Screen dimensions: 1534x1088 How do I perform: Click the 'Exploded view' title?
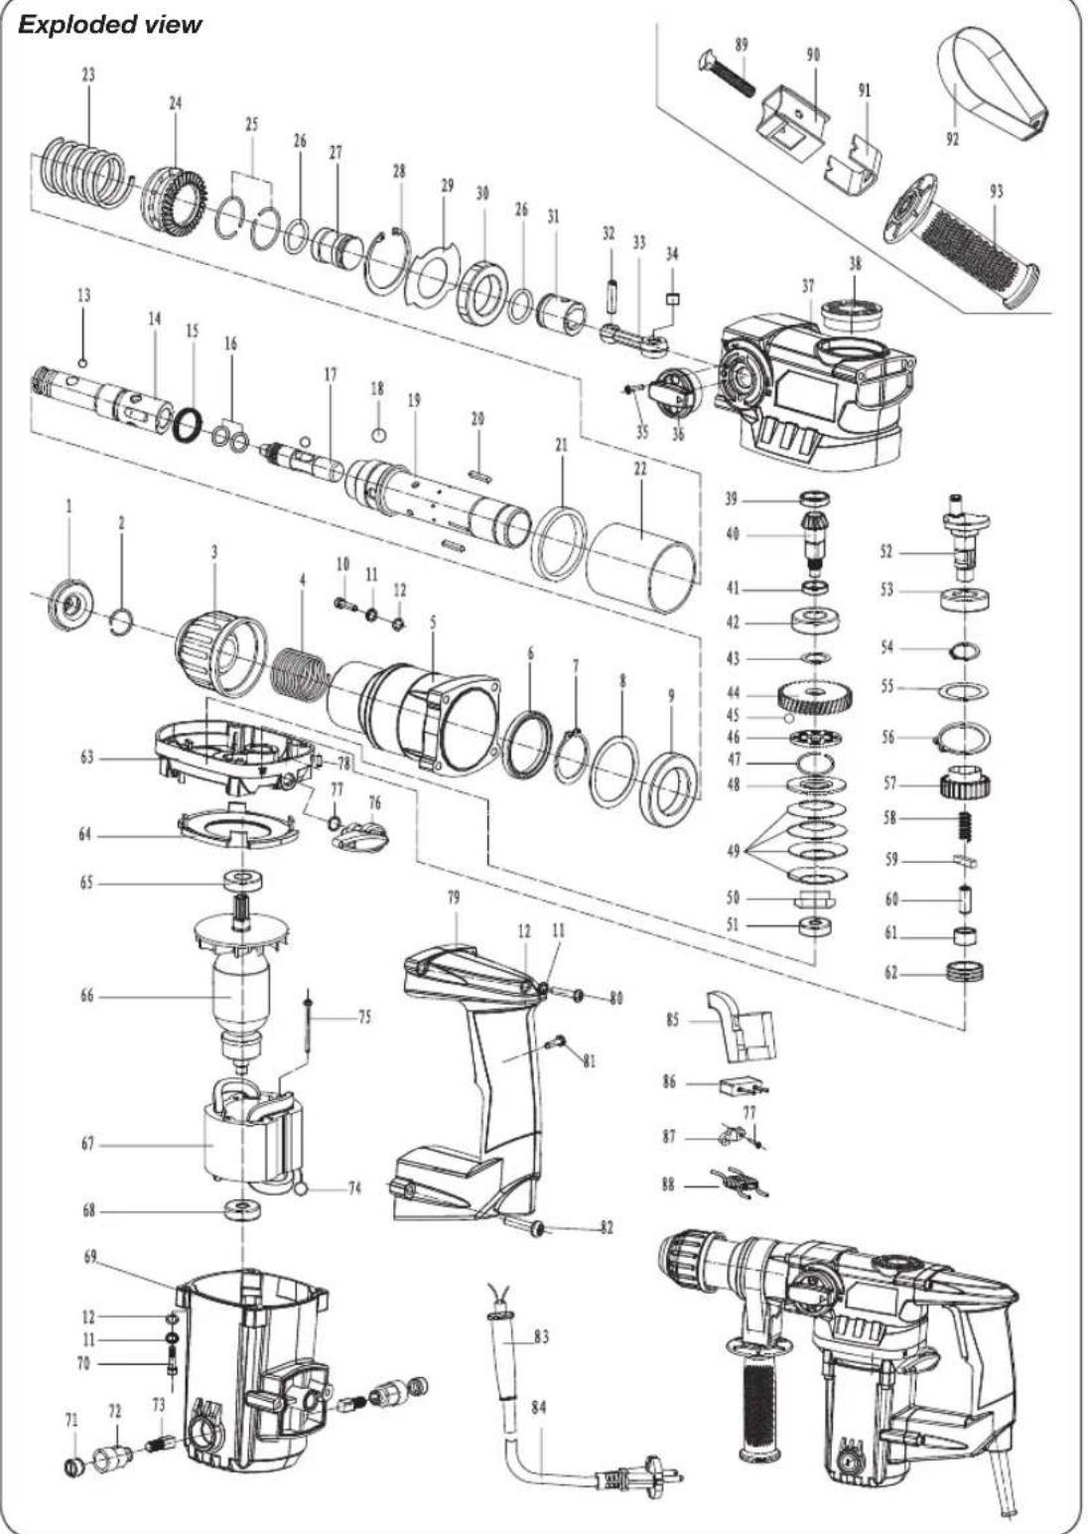(110, 24)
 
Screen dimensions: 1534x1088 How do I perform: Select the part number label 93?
(996, 193)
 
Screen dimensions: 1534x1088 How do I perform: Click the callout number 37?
(808, 286)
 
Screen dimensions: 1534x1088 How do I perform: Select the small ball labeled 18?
(377, 434)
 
